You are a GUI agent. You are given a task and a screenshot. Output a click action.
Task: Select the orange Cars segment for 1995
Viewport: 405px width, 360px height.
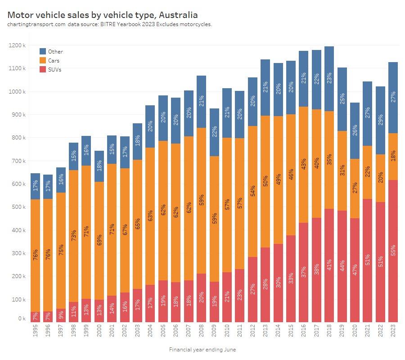(35, 255)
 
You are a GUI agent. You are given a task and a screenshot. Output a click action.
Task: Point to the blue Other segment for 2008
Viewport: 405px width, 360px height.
(201, 102)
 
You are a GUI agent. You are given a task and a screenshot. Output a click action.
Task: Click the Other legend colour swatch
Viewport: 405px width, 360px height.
(43, 52)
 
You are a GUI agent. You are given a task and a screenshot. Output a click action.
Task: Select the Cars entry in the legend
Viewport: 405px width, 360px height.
(54, 61)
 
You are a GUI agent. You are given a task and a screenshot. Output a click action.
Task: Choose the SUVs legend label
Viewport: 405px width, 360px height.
(54, 70)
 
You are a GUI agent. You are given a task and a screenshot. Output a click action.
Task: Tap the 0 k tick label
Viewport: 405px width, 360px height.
(22, 319)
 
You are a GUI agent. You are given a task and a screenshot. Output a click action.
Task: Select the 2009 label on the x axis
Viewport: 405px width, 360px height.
(214, 333)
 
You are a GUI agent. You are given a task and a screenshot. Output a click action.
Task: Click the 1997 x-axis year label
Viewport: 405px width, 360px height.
(61, 333)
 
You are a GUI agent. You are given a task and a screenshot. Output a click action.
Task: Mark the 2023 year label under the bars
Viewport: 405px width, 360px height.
(393, 333)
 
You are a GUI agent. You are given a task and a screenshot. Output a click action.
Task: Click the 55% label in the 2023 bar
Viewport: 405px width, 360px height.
(393, 251)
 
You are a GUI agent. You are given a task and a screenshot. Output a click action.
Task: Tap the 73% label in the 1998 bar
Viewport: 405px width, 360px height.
(73, 235)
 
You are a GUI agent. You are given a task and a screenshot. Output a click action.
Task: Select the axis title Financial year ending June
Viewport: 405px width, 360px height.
(202, 350)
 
